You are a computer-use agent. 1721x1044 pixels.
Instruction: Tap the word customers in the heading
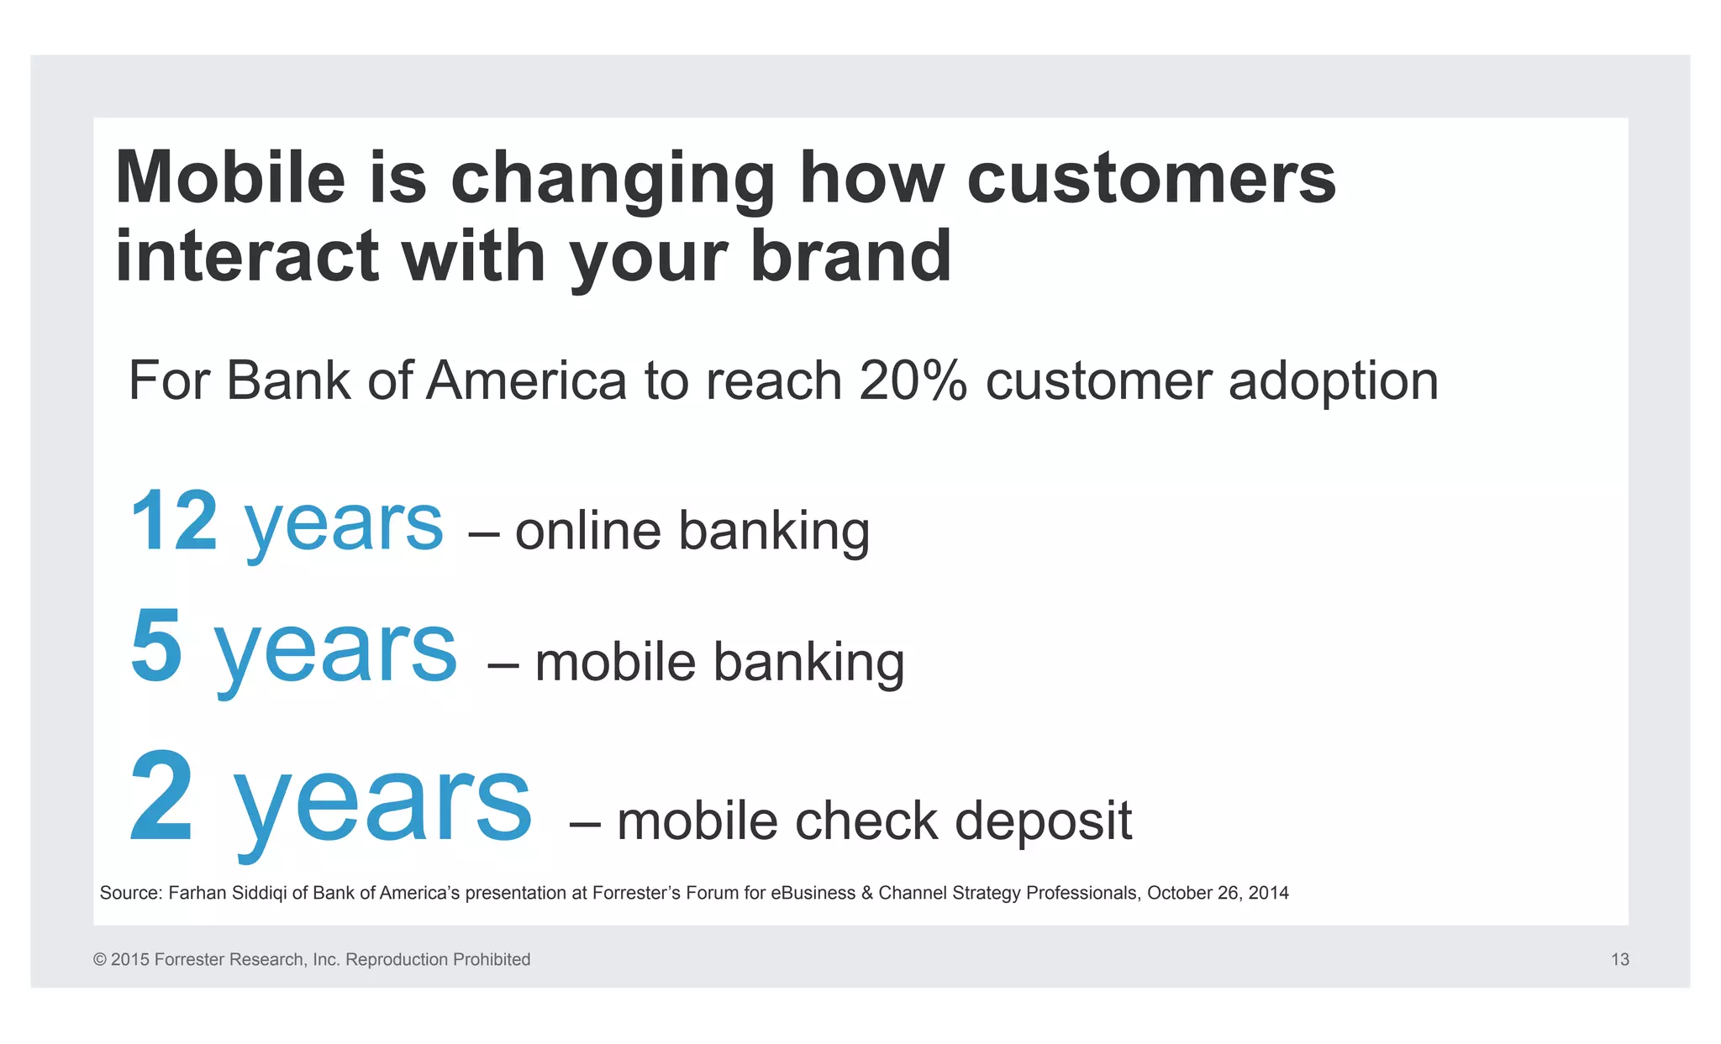click(x=1151, y=177)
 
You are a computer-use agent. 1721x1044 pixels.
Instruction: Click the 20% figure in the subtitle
click(x=913, y=380)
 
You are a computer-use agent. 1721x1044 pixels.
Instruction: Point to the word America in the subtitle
click(x=527, y=380)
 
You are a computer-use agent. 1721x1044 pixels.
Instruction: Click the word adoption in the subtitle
click(x=1334, y=382)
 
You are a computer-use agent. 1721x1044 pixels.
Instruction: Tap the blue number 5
click(x=156, y=646)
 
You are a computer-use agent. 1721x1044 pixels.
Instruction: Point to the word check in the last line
click(x=866, y=821)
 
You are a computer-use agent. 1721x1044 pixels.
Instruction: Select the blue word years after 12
click(x=344, y=525)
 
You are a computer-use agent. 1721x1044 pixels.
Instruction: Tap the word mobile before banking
click(x=615, y=662)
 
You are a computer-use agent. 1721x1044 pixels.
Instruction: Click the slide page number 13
click(x=1619, y=959)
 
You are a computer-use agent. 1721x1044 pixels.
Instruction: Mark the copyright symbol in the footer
click(x=100, y=959)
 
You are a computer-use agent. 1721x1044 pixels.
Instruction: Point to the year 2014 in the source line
click(x=1268, y=893)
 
